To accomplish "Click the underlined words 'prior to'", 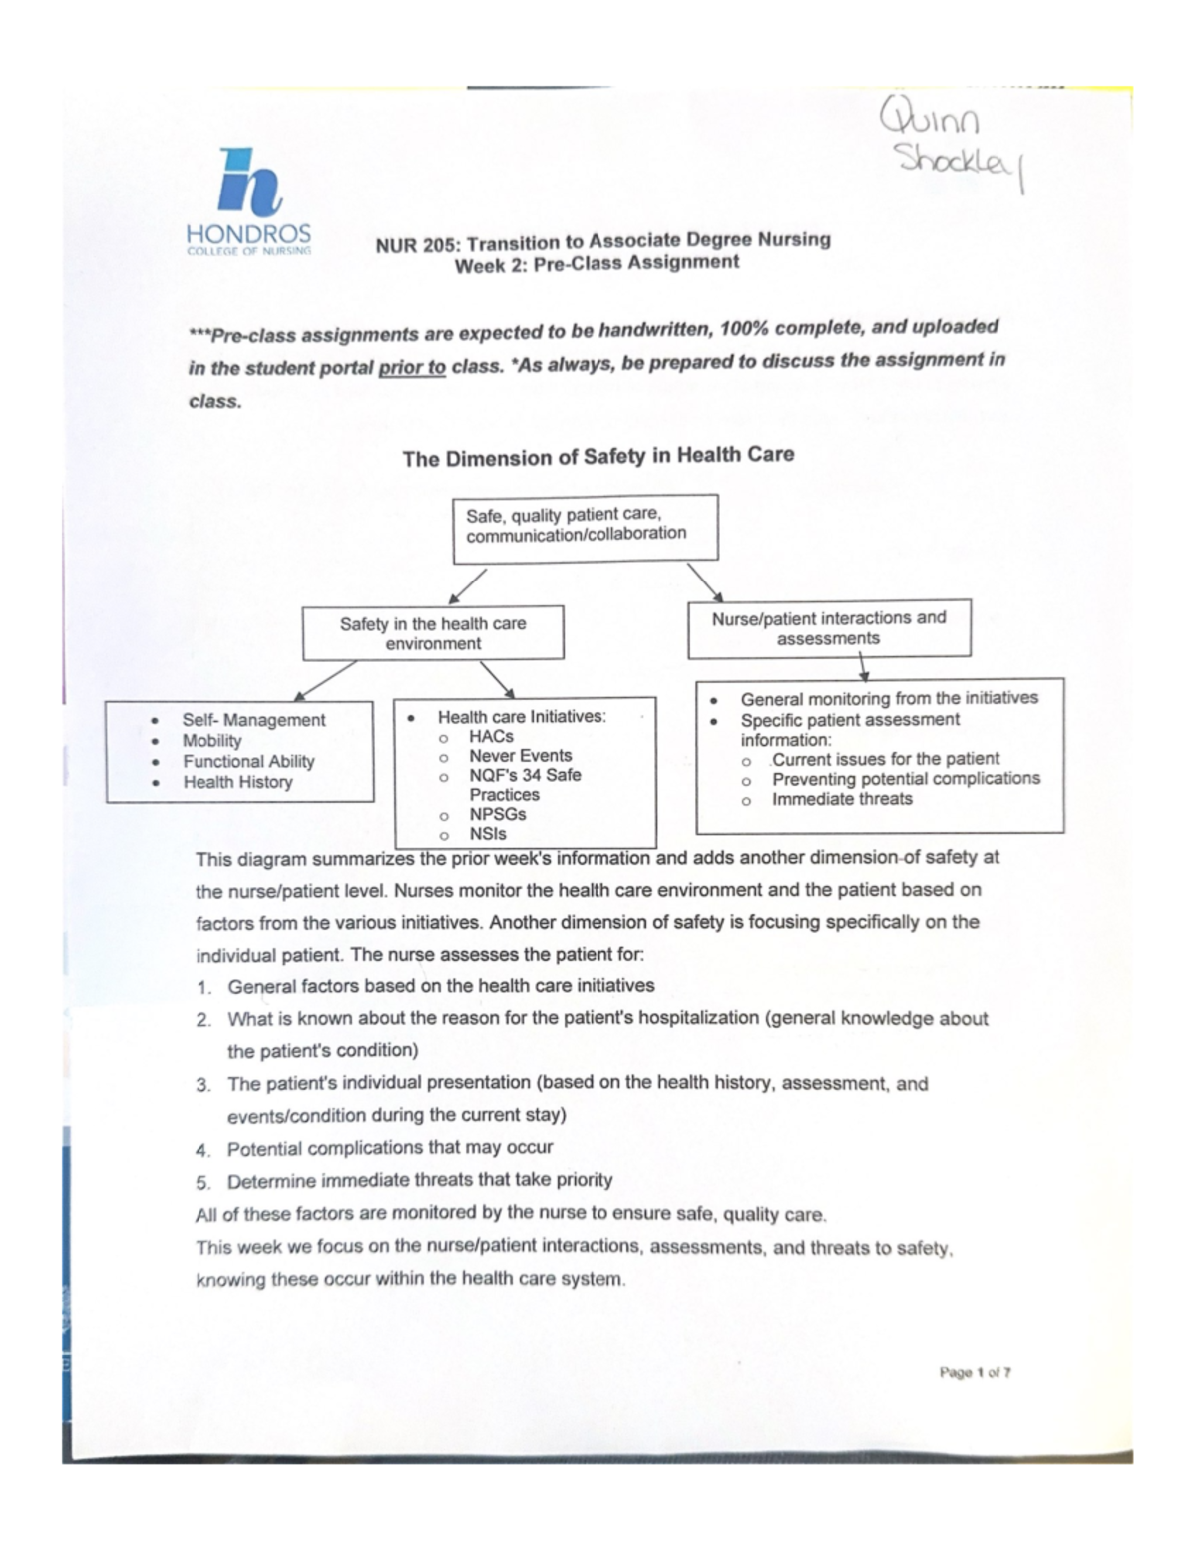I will [x=412, y=366].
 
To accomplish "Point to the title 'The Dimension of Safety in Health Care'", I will [x=598, y=456].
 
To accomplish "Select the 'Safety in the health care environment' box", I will [x=433, y=633].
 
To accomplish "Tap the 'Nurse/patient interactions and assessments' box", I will [x=828, y=628].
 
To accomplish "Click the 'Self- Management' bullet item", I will [x=253, y=719].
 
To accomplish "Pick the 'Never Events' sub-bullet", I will [x=520, y=755].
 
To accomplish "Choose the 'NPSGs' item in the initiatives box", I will [x=498, y=814].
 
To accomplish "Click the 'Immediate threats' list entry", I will [x=842, y=798].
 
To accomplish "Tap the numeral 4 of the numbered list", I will [x=203, y=1150].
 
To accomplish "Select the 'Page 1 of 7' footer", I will [x=975, y=1373].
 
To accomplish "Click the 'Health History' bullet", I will [x=237, y=782].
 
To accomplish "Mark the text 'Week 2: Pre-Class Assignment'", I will [x=597, y=264].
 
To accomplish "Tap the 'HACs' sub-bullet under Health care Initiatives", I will [x=491, y=736].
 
